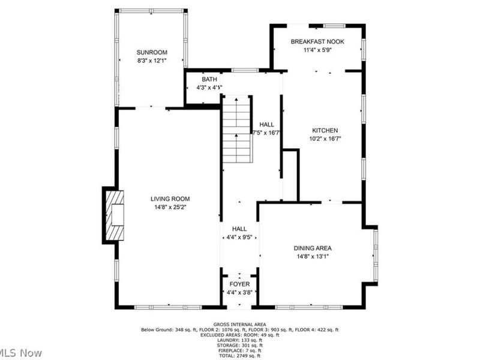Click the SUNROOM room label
coord(151,52)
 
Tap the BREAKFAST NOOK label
coord(317,41)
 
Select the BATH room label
coord(209,79)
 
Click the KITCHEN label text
coord(325,130)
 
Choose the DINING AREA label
coord(313,248)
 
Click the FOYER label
coord(239,284)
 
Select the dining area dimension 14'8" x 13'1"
coord(313,256)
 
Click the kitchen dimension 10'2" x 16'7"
coord(325,139)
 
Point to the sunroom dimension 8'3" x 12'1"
coord(151,61)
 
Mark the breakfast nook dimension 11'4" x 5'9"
coord(317,50)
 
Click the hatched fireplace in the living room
coord(114,215)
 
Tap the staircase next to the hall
coord(236,130)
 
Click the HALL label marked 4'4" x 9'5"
coord(239,229)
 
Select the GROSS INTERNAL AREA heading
coord(239,324)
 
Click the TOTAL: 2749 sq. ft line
coord(239,356)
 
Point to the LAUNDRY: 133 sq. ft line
coord(239,340)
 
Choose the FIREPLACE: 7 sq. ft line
coord(239,351)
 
